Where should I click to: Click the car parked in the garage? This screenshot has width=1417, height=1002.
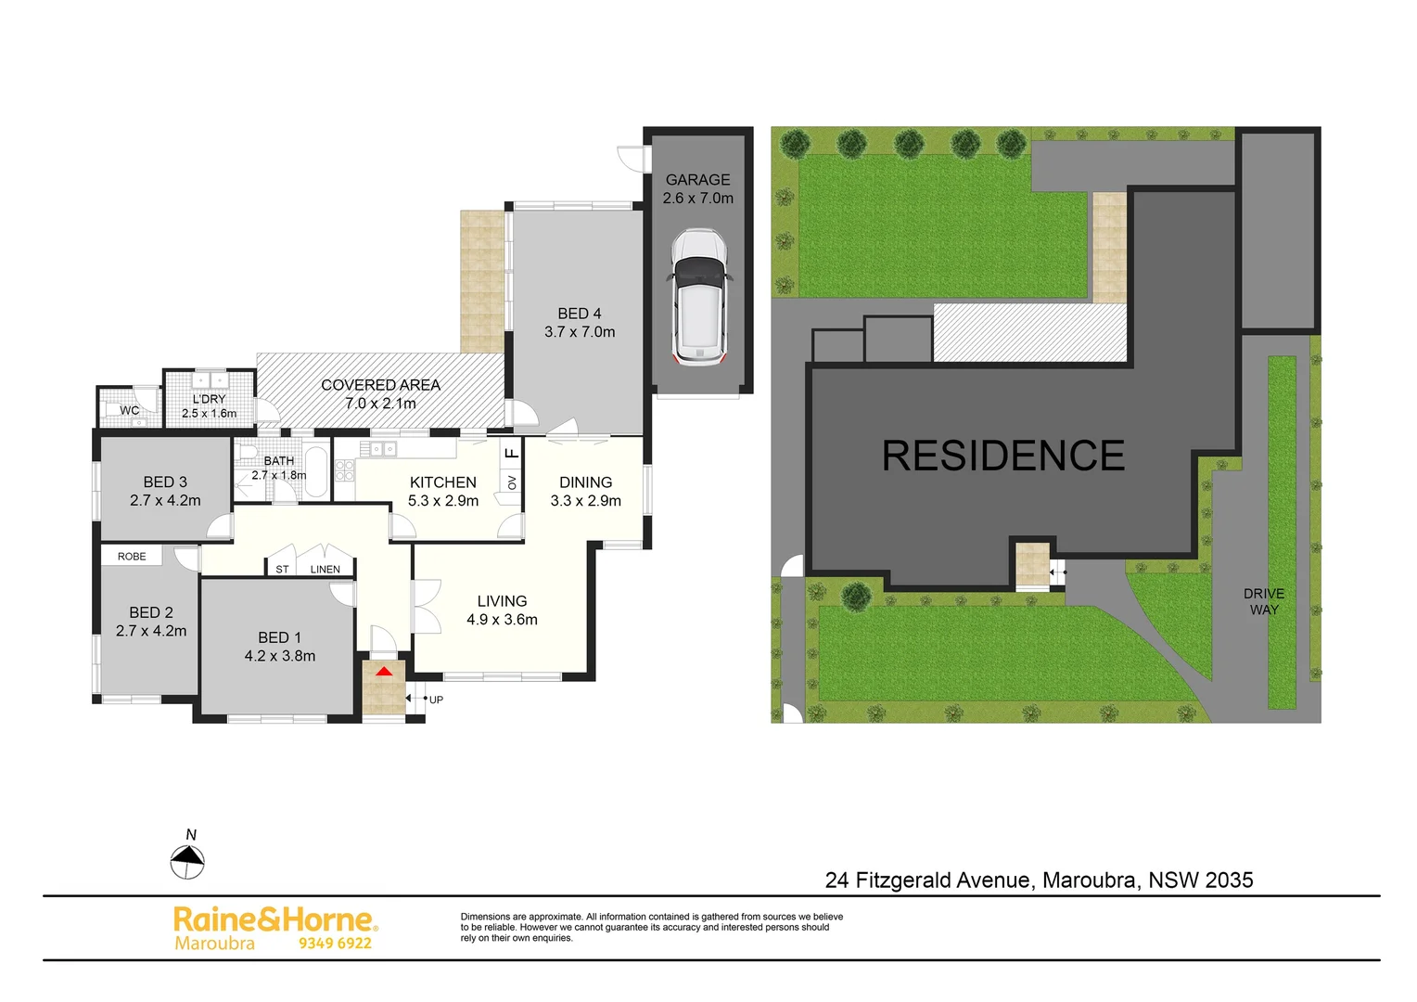[x=699, y=296]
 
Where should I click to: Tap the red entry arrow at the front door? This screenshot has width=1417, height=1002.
[x=384, y=669]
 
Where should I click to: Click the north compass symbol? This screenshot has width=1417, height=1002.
[x=187, y=862]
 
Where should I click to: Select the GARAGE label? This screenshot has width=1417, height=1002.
[x=697, y=180]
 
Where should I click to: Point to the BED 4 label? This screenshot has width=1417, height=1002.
[x=580, y=314]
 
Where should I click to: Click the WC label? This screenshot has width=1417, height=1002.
[x=130, y=410]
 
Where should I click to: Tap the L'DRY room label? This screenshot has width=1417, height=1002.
[x=209, y=399]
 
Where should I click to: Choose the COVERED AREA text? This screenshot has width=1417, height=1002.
[x=380, y=385]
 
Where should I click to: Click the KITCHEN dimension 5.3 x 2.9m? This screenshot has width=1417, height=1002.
[x=443, y=501]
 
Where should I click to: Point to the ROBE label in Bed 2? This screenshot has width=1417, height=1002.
[x=132, y=557]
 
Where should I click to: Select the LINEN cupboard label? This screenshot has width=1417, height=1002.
[x=326, y=570]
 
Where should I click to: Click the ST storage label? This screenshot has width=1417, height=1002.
[x=282, y=570]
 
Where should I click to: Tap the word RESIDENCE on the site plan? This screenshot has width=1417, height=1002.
[x=1003, y=456]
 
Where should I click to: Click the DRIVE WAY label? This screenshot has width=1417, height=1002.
[x=1264, y=601]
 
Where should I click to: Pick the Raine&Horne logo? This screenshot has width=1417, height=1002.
[x=274, y=920]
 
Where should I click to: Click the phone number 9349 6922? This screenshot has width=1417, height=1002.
[x=335, y=944]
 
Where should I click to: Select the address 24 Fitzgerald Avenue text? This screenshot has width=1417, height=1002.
[x=928, y=880]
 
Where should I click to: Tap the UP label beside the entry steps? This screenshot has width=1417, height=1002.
[x=436, y=700]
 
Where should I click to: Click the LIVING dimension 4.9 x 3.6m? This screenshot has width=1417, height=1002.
[x=502, y=620]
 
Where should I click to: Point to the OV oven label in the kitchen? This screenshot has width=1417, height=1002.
[x=512, y=482]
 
